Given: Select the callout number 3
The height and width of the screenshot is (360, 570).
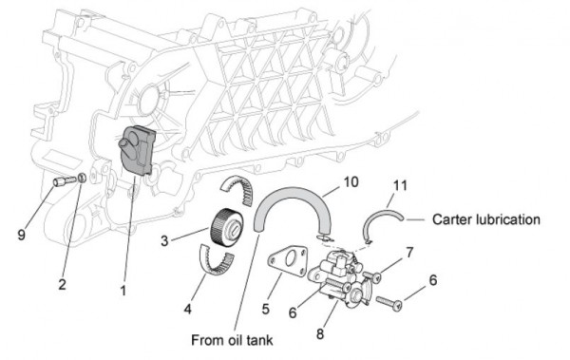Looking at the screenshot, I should (x=163, y=240).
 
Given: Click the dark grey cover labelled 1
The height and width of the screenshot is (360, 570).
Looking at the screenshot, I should (x=139, y=148).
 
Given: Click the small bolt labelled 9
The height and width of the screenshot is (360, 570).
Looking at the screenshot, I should (x=63, y=180).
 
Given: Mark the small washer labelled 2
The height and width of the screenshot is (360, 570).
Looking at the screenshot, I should (x=83, y=179).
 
